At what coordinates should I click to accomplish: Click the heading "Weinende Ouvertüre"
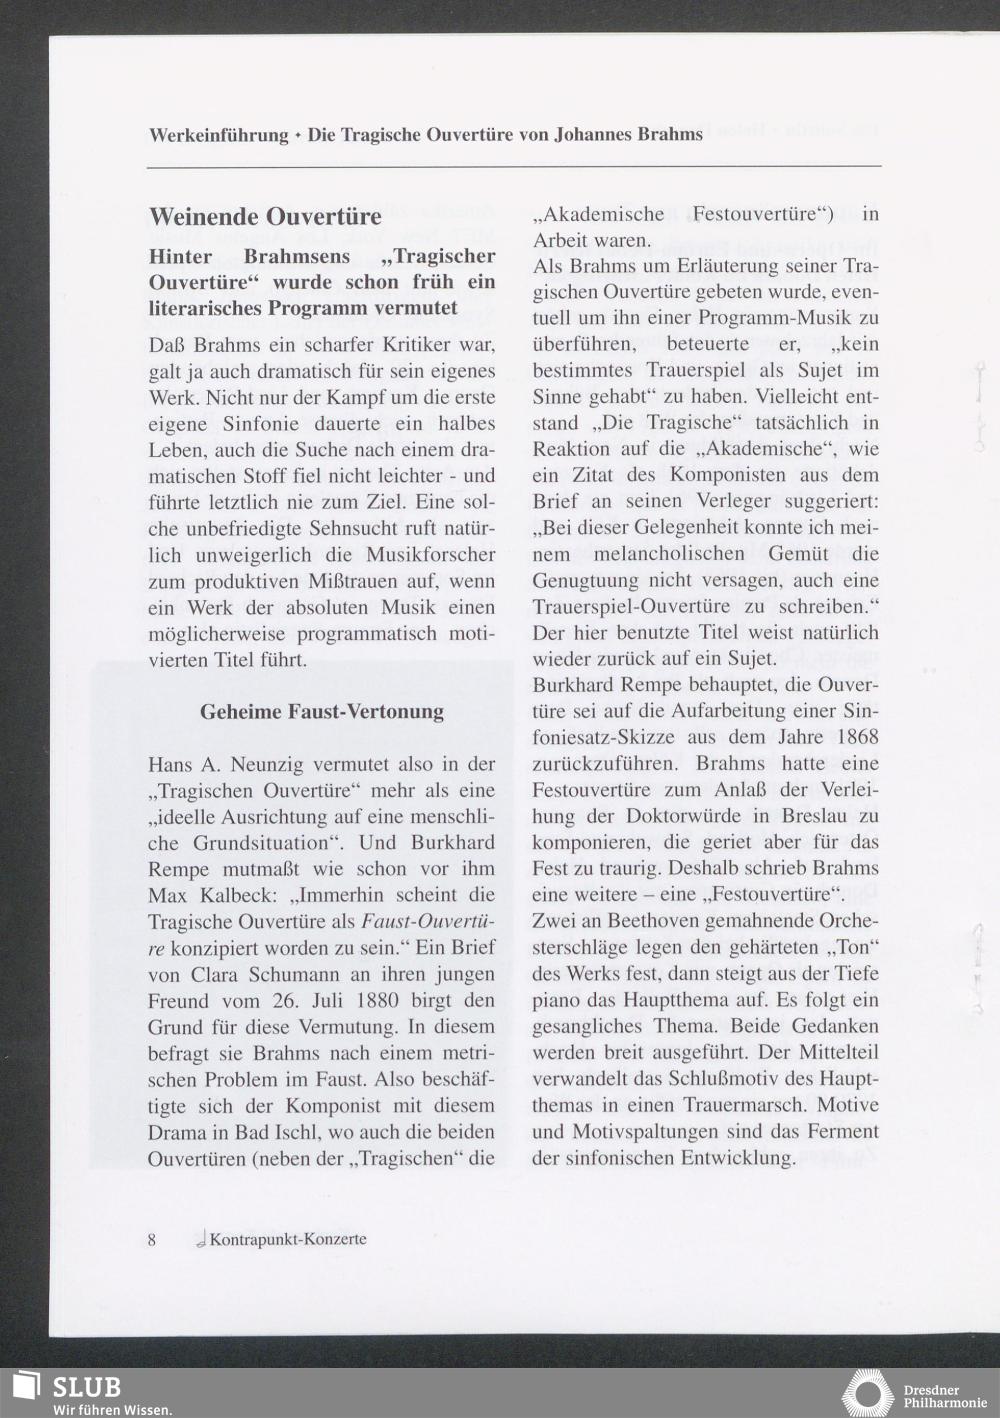[265, 216]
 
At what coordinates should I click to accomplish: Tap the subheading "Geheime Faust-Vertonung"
[321, 712]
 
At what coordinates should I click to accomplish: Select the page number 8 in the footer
[152, 1239]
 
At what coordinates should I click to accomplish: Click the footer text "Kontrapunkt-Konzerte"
[287, 1239]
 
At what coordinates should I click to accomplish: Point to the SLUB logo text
[86, 1386]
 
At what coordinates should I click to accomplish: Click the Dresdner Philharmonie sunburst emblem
[867, 1394]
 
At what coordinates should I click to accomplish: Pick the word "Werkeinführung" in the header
[218, 135]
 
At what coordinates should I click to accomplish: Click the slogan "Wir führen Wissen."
[112, 1409]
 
